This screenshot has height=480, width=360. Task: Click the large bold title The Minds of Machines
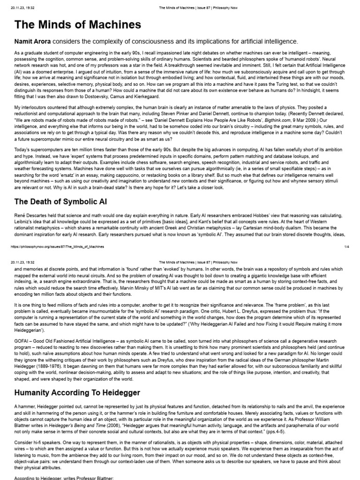(x=78, y=25)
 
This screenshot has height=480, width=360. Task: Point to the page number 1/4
(x=346, y=246)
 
